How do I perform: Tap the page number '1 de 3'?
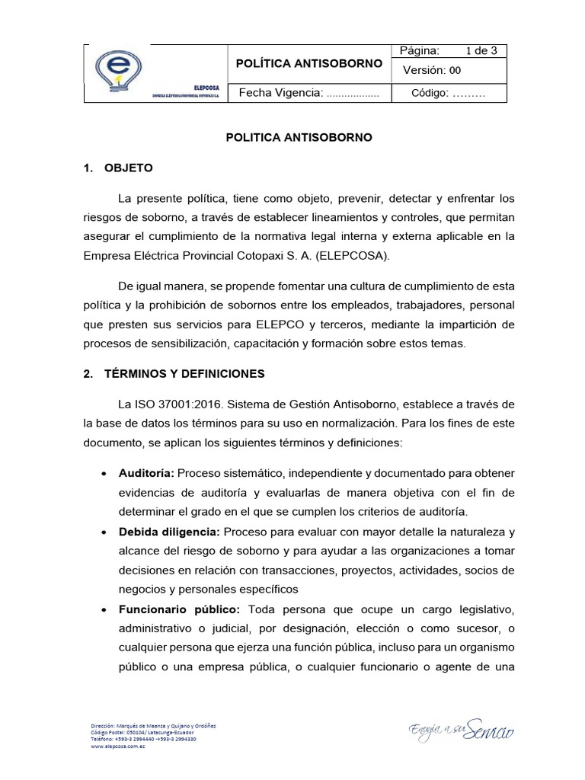[481, 51]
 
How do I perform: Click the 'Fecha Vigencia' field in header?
[309, 93]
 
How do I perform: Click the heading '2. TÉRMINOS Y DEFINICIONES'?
[174, 374]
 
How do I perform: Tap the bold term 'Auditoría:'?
[145, 473]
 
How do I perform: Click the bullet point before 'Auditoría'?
[104, 474]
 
